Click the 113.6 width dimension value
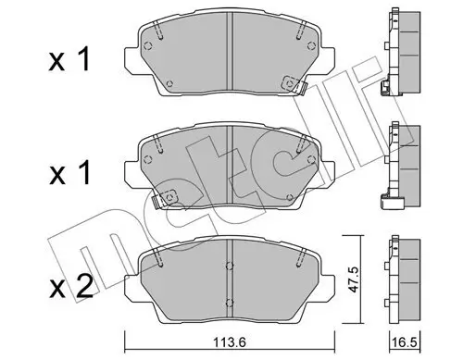(230, 342)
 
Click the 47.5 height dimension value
(352, 279)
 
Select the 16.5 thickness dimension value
(405, 342)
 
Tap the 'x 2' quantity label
(70, 286)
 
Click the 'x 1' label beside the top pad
(69, 59)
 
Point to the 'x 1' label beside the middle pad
(70, 172)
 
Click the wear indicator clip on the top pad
(294, 84)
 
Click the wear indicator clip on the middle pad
(165, 199)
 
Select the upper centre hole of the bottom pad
(230, 266)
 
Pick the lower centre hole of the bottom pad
(230, 303)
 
